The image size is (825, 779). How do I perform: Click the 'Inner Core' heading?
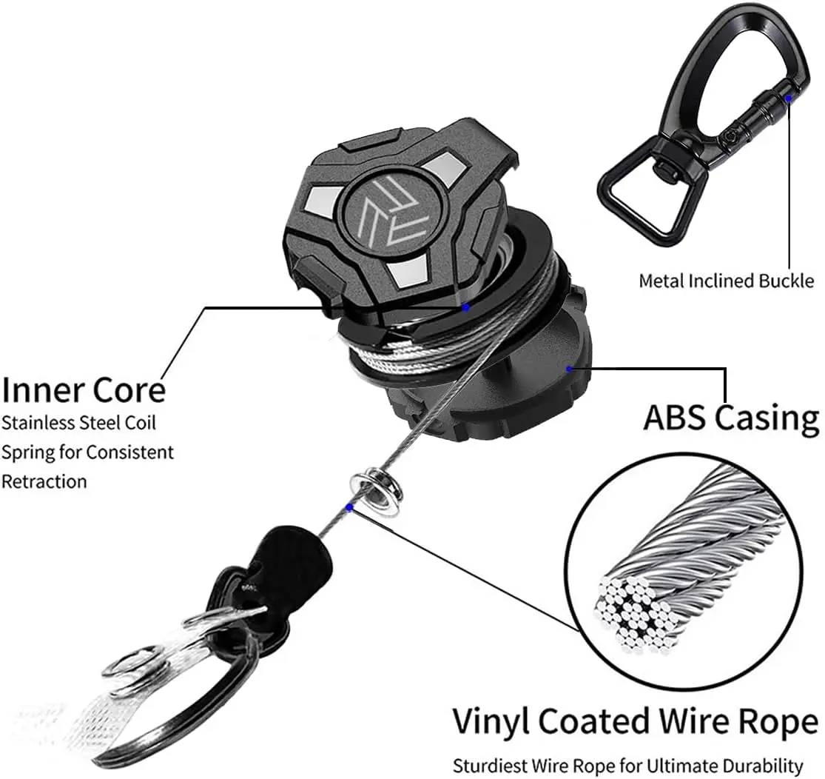coord(83,389)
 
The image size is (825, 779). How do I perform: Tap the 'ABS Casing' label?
coord(730,418)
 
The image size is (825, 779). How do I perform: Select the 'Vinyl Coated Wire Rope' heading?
coord(635,720)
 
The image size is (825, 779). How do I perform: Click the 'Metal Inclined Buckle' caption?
coord(726,281)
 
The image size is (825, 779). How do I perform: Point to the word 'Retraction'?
coord(44,481)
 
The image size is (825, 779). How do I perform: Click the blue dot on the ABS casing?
coord(568,367)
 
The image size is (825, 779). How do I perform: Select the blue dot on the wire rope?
coord(348,507)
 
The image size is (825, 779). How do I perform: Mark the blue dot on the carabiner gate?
coord(789,97)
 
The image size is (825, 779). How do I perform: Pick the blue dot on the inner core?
coord(465,306)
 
